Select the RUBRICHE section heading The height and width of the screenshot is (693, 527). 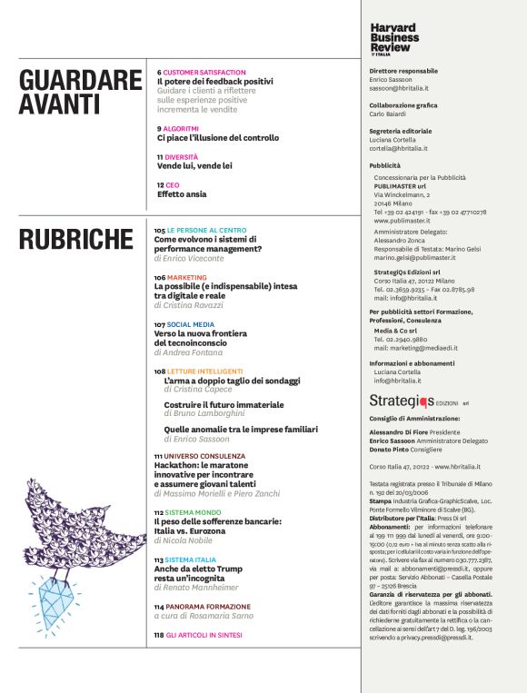[x=76, y=240]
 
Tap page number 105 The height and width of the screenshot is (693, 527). [x=159, y=232]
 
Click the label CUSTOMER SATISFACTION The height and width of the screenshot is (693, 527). [x=204, y=72]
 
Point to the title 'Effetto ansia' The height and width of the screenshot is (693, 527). [x=182, y=194]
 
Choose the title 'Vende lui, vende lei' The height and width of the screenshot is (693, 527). [x=194, y=166]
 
